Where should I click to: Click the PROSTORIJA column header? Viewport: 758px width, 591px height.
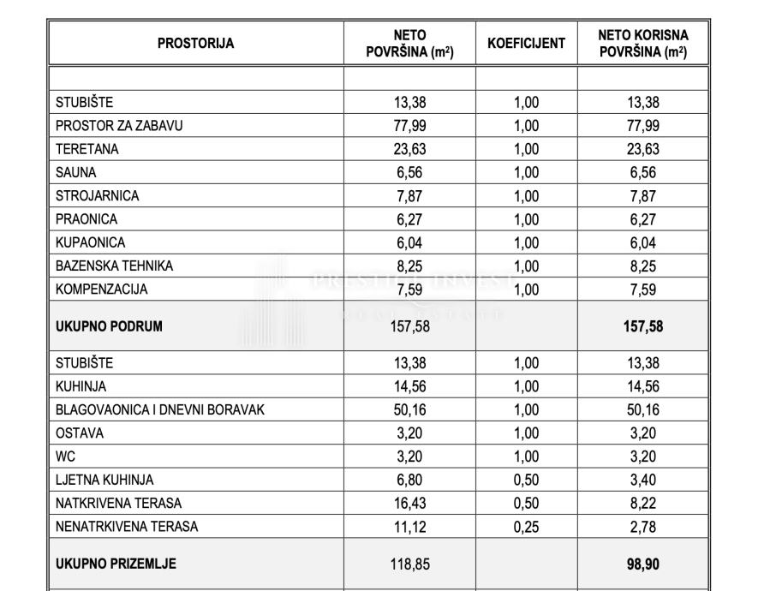[x=195, y=44]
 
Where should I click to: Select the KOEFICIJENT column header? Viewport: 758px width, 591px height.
[x=526, y=44]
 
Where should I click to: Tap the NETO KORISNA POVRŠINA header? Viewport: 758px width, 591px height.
[x=642, y=44]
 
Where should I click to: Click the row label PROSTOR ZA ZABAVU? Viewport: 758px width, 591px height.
[x=119, y=126]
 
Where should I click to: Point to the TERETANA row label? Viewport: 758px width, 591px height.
[x=87, y=149]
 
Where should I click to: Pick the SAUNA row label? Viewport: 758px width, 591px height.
[x=76, y=172]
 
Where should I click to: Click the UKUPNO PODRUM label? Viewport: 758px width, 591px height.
[x=109, y=325]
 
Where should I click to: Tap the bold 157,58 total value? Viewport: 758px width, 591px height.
[x=642, y=325]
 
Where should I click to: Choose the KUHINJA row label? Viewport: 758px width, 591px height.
[x=81, y=386]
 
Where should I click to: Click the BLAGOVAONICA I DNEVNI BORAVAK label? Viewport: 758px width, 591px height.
[x=160, y=409]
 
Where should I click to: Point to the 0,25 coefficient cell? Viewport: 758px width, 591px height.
[x=526, y=527]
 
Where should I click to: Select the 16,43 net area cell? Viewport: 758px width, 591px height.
[x=409, y=504]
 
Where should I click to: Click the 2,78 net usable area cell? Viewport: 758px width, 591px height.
[x=642, y=527]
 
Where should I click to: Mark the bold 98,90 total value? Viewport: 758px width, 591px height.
[x=642, y=564]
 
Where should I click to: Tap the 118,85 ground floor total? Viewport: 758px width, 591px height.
[x=409, y=564]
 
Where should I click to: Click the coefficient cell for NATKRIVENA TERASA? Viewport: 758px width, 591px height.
[x=526, y=504]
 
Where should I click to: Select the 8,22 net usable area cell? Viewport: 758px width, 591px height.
[x=642, y=504]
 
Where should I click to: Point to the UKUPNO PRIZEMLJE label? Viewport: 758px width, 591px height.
[x=116, y=564]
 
